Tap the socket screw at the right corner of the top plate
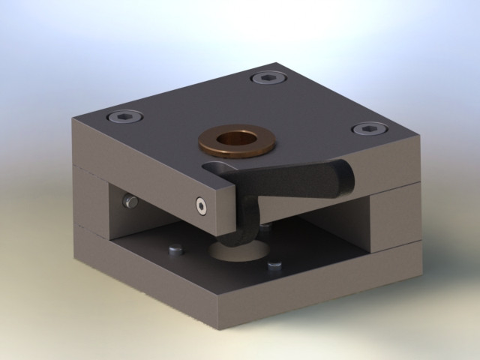point(365,130)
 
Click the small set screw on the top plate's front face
point(200,206)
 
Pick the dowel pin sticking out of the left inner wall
point(130,201)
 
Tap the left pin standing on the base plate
point(176,248)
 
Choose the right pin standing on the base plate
point(274,265)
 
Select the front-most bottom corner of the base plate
point(218,327)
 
